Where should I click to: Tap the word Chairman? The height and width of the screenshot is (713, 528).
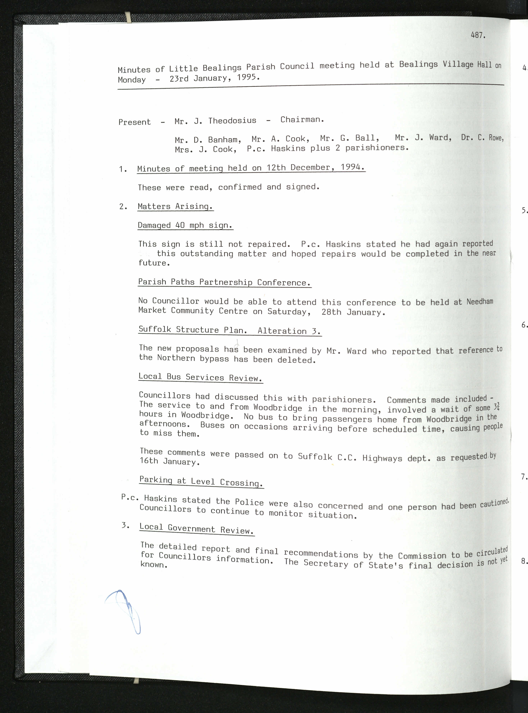tap(302, 120)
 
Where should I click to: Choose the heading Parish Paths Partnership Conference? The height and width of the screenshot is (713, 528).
tap(224, 282)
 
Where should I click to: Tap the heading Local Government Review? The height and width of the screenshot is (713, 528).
tap(197, 529)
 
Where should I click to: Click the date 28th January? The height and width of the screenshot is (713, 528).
tap(353, 312)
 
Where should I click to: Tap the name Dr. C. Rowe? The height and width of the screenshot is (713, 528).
tap(482, 138)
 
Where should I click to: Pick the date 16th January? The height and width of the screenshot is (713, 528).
tap(169, 461)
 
